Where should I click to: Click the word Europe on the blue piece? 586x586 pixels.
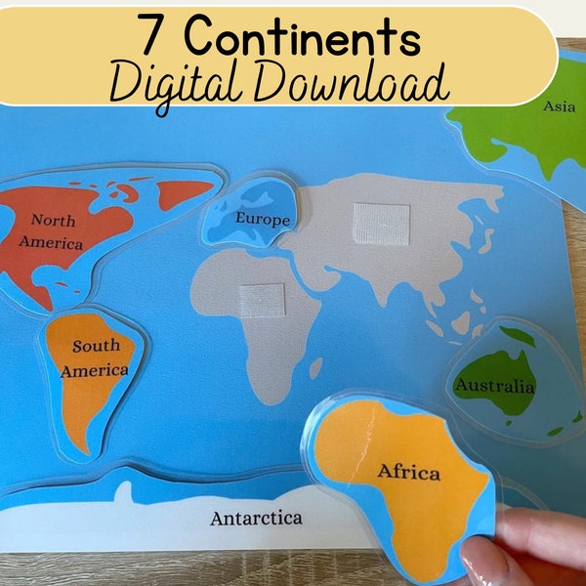point(262,219)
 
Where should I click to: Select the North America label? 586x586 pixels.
point(55,231)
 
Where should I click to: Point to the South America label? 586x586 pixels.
point(95,357)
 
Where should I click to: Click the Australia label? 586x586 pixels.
point(495,386)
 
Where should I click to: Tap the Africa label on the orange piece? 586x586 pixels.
point(408,472)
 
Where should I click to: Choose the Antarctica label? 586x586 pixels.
point(256,518)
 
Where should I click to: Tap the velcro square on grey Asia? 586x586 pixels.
point(382,224)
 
